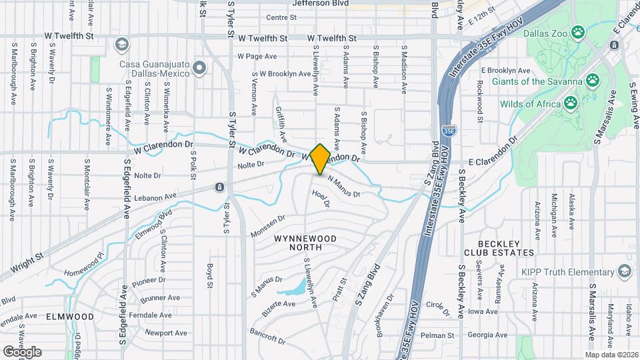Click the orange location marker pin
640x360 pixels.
pyautogui.click(x=320, y=159)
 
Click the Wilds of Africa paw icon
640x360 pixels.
pyautogui.click(x=571, y=103)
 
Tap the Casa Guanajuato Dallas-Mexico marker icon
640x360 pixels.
pyautogui.click(x=199, y=69)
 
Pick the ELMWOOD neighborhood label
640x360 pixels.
pyautogui.click(x=70, y=317)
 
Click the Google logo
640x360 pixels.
pyautogui.click(x=21, y=351)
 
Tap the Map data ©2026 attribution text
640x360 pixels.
pyautogui.click(x=611, y=355)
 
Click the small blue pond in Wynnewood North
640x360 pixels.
pyautogui.click(x=295, y=289)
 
